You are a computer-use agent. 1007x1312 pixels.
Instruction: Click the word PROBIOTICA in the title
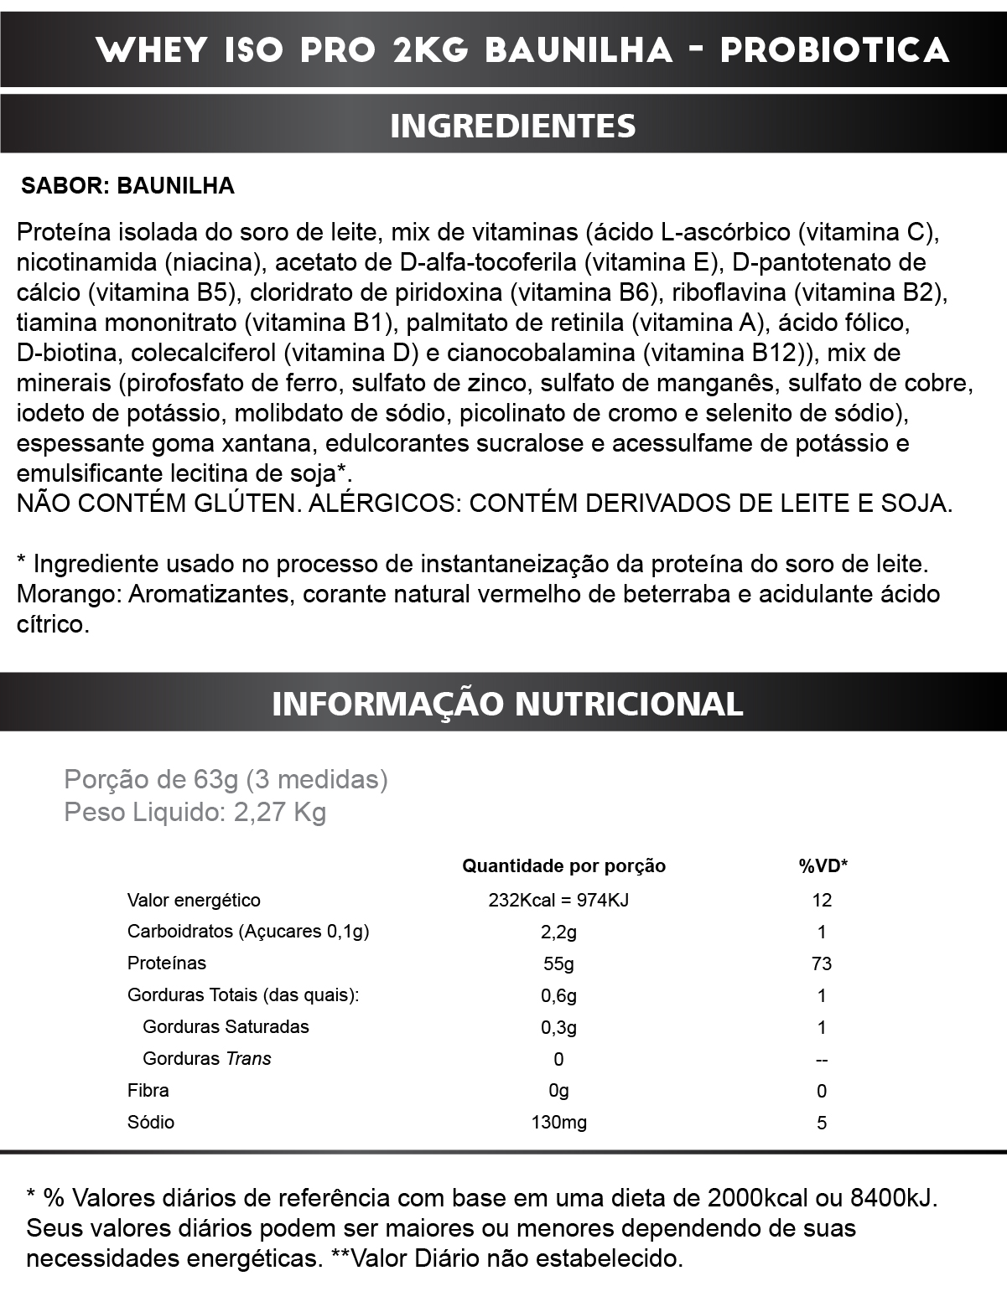coord(834,50)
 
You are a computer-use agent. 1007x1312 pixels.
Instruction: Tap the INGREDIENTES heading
coord(512,126)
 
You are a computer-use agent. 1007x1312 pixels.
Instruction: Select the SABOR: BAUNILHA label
coord(127,186)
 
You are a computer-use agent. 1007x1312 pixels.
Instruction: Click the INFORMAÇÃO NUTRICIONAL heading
coord(507,703)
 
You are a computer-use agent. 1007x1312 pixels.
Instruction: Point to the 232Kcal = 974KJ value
coord(558,901)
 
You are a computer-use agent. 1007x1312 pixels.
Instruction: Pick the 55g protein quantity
coord(558,963)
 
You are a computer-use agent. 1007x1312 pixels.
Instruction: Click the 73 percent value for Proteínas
coord(822,963)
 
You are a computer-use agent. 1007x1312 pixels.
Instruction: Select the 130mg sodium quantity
coord(558,1123)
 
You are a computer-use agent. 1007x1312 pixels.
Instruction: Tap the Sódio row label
coord(151,1123)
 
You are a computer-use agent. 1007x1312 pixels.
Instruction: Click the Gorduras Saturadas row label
coord(226,1027)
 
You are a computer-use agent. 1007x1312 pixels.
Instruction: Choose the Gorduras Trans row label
coord(207,1059)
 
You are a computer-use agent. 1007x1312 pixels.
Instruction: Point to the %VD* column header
coord(823,866)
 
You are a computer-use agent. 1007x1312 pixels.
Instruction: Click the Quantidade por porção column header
coord(563,866)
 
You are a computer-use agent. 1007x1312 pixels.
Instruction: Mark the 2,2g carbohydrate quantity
coord(558,932)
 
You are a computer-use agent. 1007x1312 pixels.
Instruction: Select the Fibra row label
coord(148,1091)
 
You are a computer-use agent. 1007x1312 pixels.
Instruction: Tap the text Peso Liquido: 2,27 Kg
coord(195,812)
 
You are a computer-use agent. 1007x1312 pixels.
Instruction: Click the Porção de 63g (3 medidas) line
coord(226,780)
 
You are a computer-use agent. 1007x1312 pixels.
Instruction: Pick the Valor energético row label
coord(194,901)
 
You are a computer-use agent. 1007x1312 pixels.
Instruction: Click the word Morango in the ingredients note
coord(69,595)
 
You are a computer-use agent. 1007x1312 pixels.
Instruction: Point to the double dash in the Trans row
coord(822,1060)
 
